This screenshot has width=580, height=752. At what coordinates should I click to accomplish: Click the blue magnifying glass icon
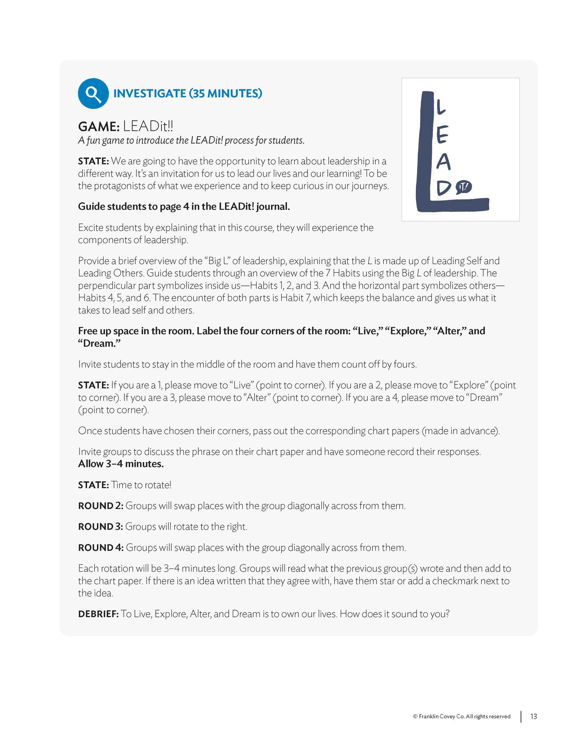point(93,93)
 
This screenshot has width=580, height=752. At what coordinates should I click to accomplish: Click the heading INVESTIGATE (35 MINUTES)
point(187,93)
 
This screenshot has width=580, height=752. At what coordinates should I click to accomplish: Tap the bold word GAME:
point(99,127)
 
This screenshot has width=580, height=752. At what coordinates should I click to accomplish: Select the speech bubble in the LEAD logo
point(464,187)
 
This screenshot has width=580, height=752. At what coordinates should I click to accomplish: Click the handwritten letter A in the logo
point(443,162)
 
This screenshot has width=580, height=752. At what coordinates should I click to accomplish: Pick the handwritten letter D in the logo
point(444,188)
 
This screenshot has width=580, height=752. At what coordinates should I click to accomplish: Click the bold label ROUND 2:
point(100,506)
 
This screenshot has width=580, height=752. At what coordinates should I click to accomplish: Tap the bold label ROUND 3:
point(100,527)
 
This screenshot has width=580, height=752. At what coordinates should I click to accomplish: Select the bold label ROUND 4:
point(101,548)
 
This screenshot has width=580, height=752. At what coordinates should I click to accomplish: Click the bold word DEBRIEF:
point(98,614)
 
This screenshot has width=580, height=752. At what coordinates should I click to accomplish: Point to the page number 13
point(533,716)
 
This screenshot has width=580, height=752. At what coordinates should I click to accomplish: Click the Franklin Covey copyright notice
point(462,717)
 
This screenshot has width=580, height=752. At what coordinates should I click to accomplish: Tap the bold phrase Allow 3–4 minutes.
point(121,464)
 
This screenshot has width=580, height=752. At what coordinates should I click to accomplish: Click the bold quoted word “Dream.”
point(99,344)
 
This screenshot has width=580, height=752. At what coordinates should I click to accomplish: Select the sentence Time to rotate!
point(141,485)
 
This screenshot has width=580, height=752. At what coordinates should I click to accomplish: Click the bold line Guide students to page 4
point(184,206)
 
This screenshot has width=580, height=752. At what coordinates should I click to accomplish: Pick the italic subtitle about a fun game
point(191,140)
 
